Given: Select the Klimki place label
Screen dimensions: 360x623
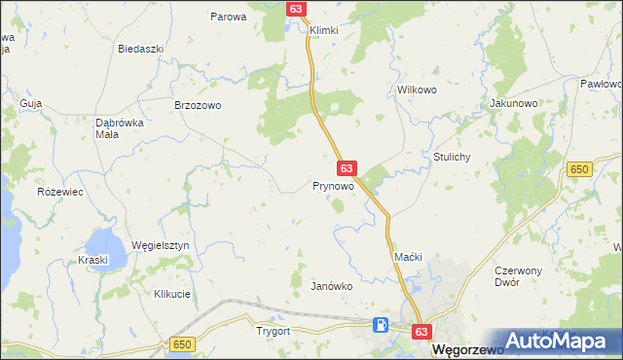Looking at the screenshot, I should [x=323, y=30].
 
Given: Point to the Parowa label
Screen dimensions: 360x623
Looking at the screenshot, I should [x=229, y=17].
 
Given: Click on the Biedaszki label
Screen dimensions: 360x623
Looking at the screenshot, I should [x=138, y=48].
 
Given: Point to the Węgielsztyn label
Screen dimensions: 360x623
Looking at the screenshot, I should [x=161, y=246].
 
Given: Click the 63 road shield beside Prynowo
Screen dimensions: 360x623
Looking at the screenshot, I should [x=347, y=168].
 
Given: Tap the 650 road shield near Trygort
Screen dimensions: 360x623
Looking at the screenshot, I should [x=181, y=344].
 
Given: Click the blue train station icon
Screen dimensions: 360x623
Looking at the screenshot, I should [x=383, y=324].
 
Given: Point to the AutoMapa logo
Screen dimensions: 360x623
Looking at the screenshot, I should [x=559, y=341].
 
